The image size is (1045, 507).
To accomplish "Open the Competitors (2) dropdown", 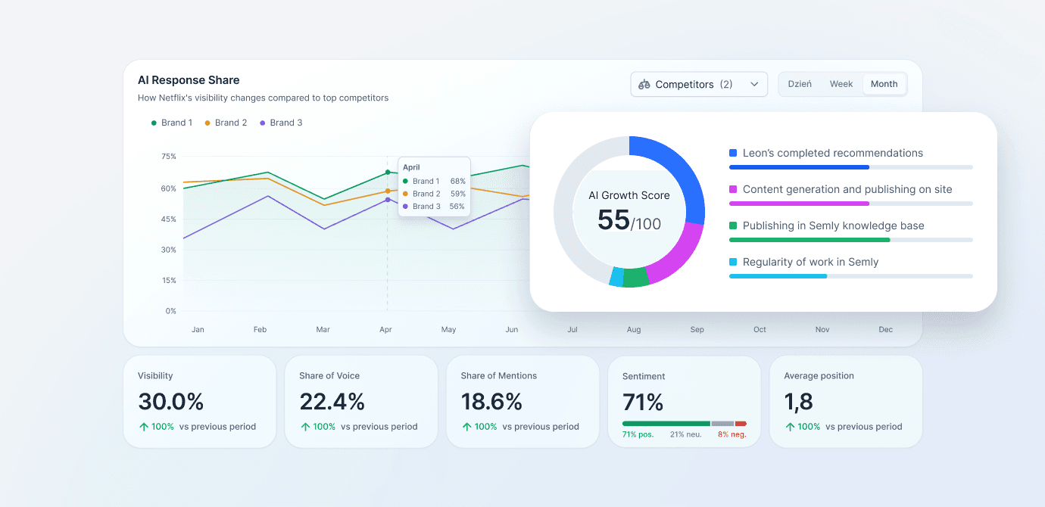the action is pyautogui.click(x=698, y=84).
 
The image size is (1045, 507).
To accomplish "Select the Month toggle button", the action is pyautogui.click(x=884, y=84).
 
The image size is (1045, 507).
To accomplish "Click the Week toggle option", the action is pyautogui.click(x=841, y=84).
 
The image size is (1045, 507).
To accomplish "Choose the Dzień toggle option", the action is pyautogui.click(x=800, y=84).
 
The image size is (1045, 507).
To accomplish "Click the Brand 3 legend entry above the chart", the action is pyautogui.click(x=281, y=123).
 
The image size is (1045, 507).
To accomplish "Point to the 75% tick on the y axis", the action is pyautogui.click(x=168, y=156).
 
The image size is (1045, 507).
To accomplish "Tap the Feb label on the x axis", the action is pyautogui.click(x=260, y=329).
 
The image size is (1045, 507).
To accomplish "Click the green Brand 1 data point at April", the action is pyautogui.click(x=388, y=173).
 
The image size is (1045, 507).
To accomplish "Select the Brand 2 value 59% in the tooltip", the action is pyautogui.click(x=457, y=194).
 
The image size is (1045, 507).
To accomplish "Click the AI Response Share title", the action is pyautogui.click(x=189, y=80).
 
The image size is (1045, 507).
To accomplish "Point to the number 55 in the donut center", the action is pyautogui.click(x=613, y=220).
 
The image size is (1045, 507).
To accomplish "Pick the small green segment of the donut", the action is pyautogui.click(x=635, y=277).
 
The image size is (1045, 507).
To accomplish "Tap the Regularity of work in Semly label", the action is pyautogui.click(x=810, y=262).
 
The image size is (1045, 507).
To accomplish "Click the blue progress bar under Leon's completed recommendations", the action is pyautogui.click(x=799, y=167).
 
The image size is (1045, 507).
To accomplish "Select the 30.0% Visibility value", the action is pyautogui.click(x=170, y=402).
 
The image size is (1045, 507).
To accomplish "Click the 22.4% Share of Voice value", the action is pyautogui.click(x=332, y=402).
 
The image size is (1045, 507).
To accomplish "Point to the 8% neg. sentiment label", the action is pyautogui.click(x=732, y=434).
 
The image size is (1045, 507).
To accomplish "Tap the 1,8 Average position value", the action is pyautogui.click(x=798, y=402).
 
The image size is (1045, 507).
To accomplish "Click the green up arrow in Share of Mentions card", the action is pyautogui.click(x=466, y=426).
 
